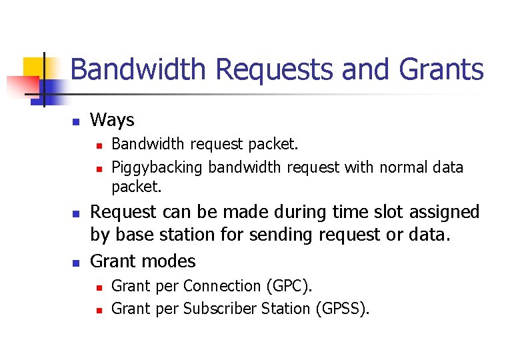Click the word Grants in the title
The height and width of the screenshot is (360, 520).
click(x=443, y=69)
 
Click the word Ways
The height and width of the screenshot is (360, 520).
click(x=112, y=120)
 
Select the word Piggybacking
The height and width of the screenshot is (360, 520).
click(x=157, y=167)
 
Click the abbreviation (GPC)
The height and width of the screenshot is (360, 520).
click(x=289, y=286)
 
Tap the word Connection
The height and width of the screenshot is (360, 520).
click(x=222, y=286)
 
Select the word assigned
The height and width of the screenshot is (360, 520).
click(x=439, y=212)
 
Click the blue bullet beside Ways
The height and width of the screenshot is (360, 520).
click(x=76, y=122)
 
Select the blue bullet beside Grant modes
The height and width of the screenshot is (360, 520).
click(x=76, y=263)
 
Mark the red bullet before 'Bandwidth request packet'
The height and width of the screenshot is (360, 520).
click(x=97, y=145)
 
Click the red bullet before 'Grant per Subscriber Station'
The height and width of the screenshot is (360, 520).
click(x=97, y=310)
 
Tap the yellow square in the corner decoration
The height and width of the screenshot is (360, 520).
click(x=34, y=67)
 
